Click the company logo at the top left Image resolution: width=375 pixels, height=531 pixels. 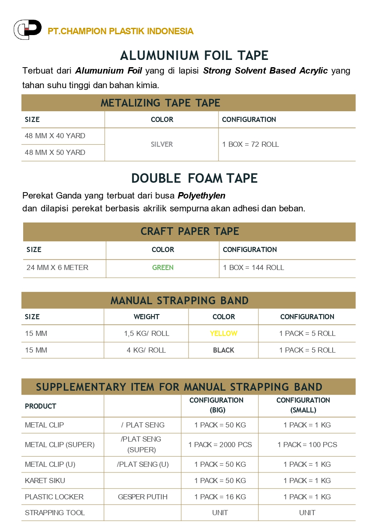click(x=27, y=30)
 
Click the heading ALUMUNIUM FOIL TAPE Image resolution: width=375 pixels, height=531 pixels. click(x=194, y=56)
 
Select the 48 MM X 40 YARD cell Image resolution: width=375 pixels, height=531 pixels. click(x=55, y=136)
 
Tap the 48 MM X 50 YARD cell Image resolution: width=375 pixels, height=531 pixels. click(x=55, y=152)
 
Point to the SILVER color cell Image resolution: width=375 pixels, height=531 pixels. click(x=162, y=145)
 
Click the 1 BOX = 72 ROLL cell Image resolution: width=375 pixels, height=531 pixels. click(x=250, y=145)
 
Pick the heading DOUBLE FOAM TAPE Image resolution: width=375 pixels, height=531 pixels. click(x=194, y=178)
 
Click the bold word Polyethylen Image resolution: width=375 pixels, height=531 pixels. click(x=201, y=196)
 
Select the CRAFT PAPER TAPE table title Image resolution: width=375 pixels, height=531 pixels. click(x=189, y=231)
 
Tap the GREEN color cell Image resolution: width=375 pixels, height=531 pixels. click(x=162, y=268)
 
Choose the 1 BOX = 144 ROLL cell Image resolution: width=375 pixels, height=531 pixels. click(x=253, y=268)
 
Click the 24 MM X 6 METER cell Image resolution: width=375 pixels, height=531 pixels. click(x=57, y=268)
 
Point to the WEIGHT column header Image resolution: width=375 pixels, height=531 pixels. click(x=146, y=317)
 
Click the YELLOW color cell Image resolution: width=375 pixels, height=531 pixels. click(x=223, y=334)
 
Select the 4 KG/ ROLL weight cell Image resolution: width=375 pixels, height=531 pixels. click(x=146, y=350)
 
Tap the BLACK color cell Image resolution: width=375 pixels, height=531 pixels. click(x=223, y=350)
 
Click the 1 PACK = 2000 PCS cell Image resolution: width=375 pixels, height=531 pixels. click(x=220, y=445)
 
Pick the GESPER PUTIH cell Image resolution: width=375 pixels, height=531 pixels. click(x=142, y=497)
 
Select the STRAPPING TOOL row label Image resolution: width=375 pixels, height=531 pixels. click(x=55, y=513)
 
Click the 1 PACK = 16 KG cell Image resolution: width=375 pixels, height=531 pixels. click(x=220, y=497)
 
